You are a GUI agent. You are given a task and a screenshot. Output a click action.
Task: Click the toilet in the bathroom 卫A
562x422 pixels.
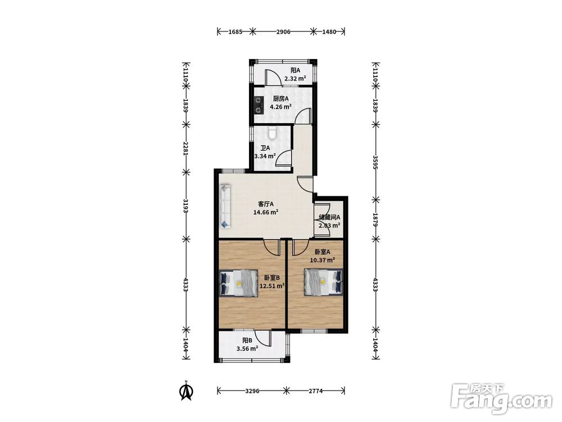(x=273, y=132)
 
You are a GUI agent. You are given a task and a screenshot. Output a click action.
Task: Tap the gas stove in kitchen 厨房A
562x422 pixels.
(x=258, y=105)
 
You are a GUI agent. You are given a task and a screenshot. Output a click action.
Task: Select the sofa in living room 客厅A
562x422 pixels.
(x=225, y=206)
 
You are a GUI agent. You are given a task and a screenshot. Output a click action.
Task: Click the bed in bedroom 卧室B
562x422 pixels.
(x=238, y=283)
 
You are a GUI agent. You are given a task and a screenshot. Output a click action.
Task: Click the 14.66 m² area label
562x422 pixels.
(x=266, y=213)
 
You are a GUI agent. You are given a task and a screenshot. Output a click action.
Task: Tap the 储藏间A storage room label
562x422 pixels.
(x=329, y=217)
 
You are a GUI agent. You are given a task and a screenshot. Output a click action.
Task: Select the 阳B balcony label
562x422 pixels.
(x=247, y=340)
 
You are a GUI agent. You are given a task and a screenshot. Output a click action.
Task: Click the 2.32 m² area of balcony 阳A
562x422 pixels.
(x=295, y=79)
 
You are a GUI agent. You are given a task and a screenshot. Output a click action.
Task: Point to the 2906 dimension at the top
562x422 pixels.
(x=283, y=32)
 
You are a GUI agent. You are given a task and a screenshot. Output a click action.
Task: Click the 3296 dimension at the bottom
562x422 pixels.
(x=252, y=391)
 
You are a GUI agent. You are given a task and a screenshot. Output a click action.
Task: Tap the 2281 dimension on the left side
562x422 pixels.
(x=185, y=148)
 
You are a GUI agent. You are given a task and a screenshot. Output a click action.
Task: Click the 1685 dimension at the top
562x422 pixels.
(x=235, y=32)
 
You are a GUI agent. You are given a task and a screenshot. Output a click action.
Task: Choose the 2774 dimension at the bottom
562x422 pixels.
(x=315, y=391)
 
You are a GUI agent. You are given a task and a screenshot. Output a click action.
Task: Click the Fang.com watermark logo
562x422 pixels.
(x=501, y=398)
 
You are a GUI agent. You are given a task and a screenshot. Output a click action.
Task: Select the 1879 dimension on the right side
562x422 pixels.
(x=375, y=219)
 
